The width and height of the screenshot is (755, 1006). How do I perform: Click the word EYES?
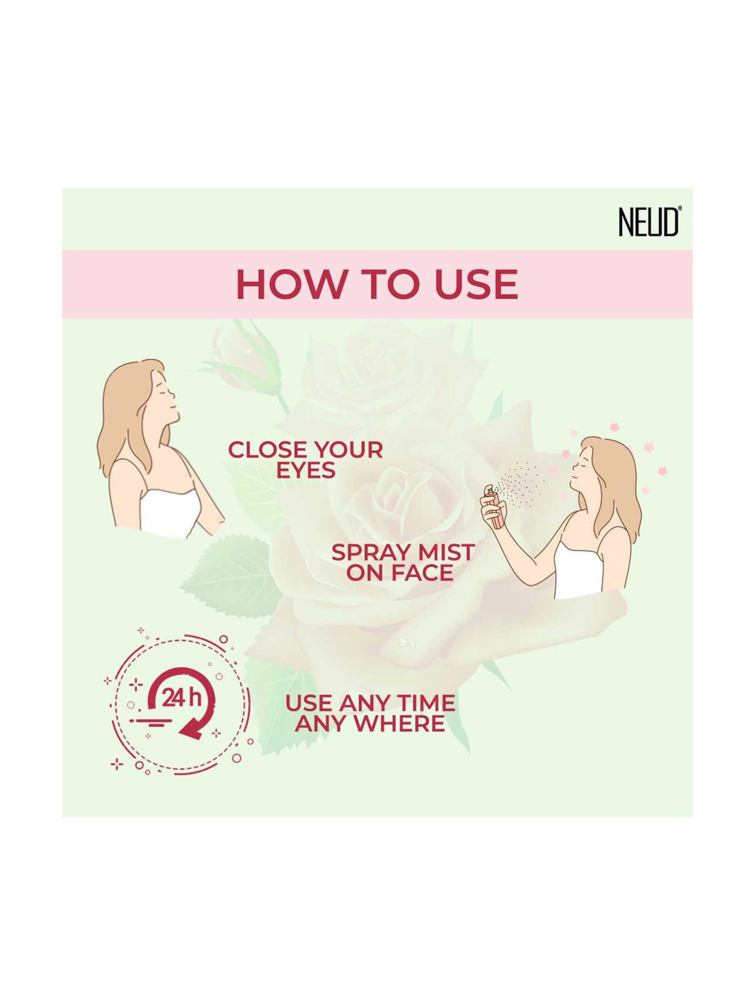306,470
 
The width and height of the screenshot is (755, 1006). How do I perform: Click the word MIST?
445,553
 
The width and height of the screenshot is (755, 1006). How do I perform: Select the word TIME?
425,703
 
